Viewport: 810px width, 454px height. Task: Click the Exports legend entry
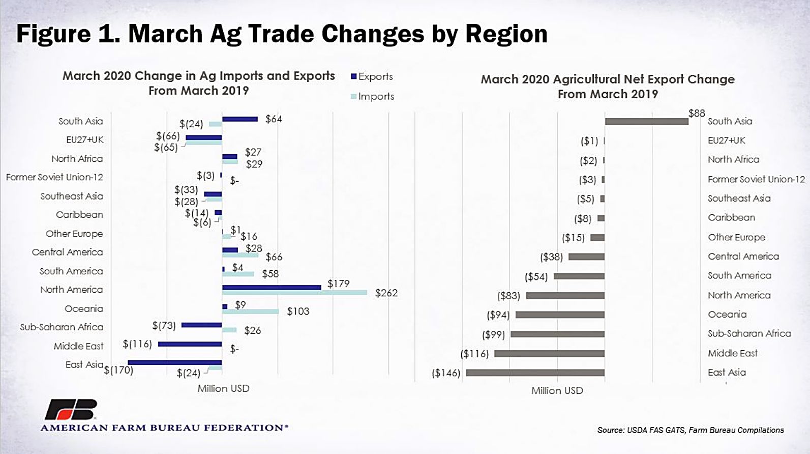pyautogui.click(x=372, y=76)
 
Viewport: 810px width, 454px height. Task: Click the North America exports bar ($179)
pyautogui.click(x=272, y=287)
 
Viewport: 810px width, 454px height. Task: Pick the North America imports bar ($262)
pyautogui.click(x=294, y=293)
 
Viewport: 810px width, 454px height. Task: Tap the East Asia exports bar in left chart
pyautogui.click(x=175, y=362)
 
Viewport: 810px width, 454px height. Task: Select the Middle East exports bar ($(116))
pyautogui.click(x=190, y=344)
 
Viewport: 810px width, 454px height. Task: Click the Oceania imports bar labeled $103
pyautogui.click(x=250, y=311)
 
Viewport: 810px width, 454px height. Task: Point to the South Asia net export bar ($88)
pyautogui.click(x=646, y=122)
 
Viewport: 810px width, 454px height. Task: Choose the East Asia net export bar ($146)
pyautogui.click(x=535, y=373)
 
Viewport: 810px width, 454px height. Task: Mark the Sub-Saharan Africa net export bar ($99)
pyautogui.click(x=557, y=334)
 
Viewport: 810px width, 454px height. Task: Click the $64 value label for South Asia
pyautogui.click(x=274, y=119)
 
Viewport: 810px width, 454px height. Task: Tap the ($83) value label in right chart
pyautogui.click(x=508, y=296)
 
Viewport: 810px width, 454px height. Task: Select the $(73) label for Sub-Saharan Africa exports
pyautogui.click(x=164, y=325)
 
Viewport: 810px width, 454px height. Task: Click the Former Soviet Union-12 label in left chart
pyautogui.click(x=54, y=177)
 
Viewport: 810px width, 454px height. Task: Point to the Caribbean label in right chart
pyautogui.click(x=731, y=217)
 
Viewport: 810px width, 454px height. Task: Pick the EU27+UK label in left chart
pyautogui.click(x=84, y=139)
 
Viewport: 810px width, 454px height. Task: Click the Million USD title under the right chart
pyautogui.click(x=557, y=390)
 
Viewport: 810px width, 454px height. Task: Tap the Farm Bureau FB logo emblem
pyautogui.click(x=71, y=410)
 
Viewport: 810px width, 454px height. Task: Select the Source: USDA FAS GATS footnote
pyautogui.click(x=691, y=430)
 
